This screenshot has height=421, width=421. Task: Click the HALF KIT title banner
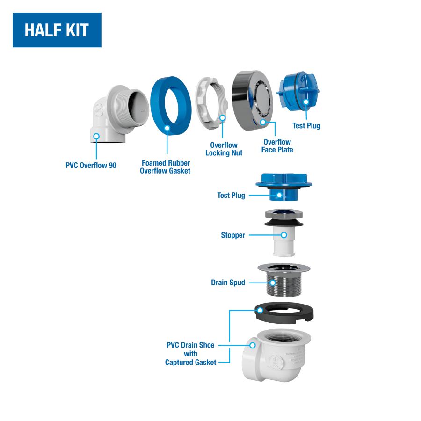pos(57,30)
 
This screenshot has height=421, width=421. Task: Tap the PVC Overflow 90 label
pos(91,165)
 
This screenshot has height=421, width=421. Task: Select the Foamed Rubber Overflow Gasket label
pos(166,167)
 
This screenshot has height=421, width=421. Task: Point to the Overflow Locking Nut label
pos(224,149)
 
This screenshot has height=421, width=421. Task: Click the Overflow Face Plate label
pos(277,146)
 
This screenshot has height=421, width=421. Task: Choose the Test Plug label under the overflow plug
pos(306,126)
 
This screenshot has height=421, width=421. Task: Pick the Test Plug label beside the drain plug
pos(231,195)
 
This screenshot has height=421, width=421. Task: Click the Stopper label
pos(233,235)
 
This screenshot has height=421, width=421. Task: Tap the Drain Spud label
pos(228,283)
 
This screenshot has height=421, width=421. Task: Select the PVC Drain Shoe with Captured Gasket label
pos(191,354)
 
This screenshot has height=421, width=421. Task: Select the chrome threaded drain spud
pos(284,280)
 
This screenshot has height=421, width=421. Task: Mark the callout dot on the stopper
pos(284,235)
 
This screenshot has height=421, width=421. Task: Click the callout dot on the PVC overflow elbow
pos(96,137)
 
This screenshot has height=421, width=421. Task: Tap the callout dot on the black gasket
pos(260,311)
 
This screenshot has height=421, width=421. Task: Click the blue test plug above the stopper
pos(284,187)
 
